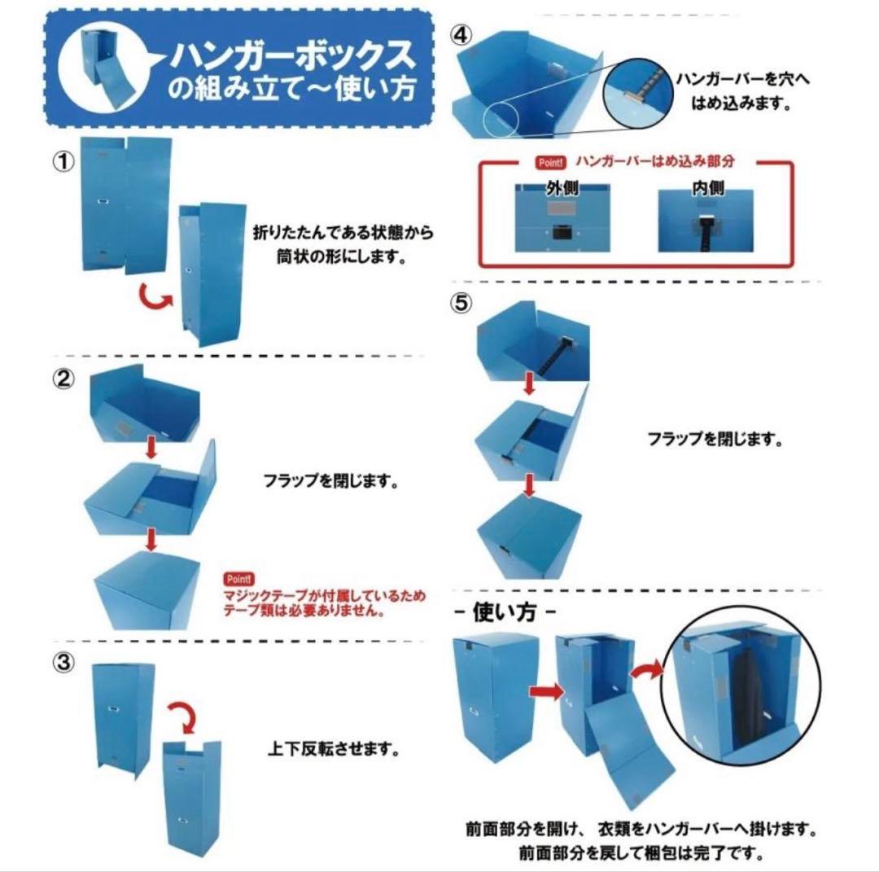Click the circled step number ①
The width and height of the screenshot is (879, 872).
(x=64, y=160)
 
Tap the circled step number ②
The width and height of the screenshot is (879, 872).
(x=64, y=379)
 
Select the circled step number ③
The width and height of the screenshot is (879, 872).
(x=64, y=663)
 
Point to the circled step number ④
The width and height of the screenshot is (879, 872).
(x=461, y=37)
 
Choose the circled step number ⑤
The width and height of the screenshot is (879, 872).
(x=461, y=303)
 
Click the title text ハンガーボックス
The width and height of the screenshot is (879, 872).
(x=291, y=58)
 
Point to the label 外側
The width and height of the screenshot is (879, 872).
(x=561, y=189)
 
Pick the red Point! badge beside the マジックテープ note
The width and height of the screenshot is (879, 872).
(x=239, y=579)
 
